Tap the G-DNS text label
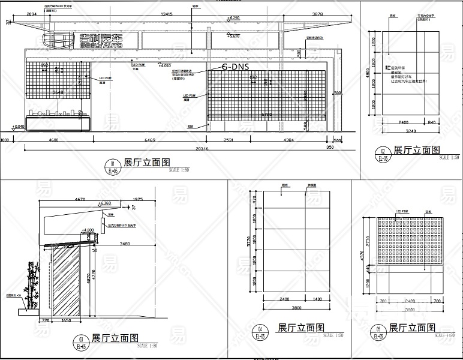[235, 67]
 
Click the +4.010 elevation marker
[164, 65]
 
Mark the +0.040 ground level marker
[18, 126]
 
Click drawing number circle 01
[112, 164]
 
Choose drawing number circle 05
[378, 329]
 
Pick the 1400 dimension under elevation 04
[317, 298]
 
